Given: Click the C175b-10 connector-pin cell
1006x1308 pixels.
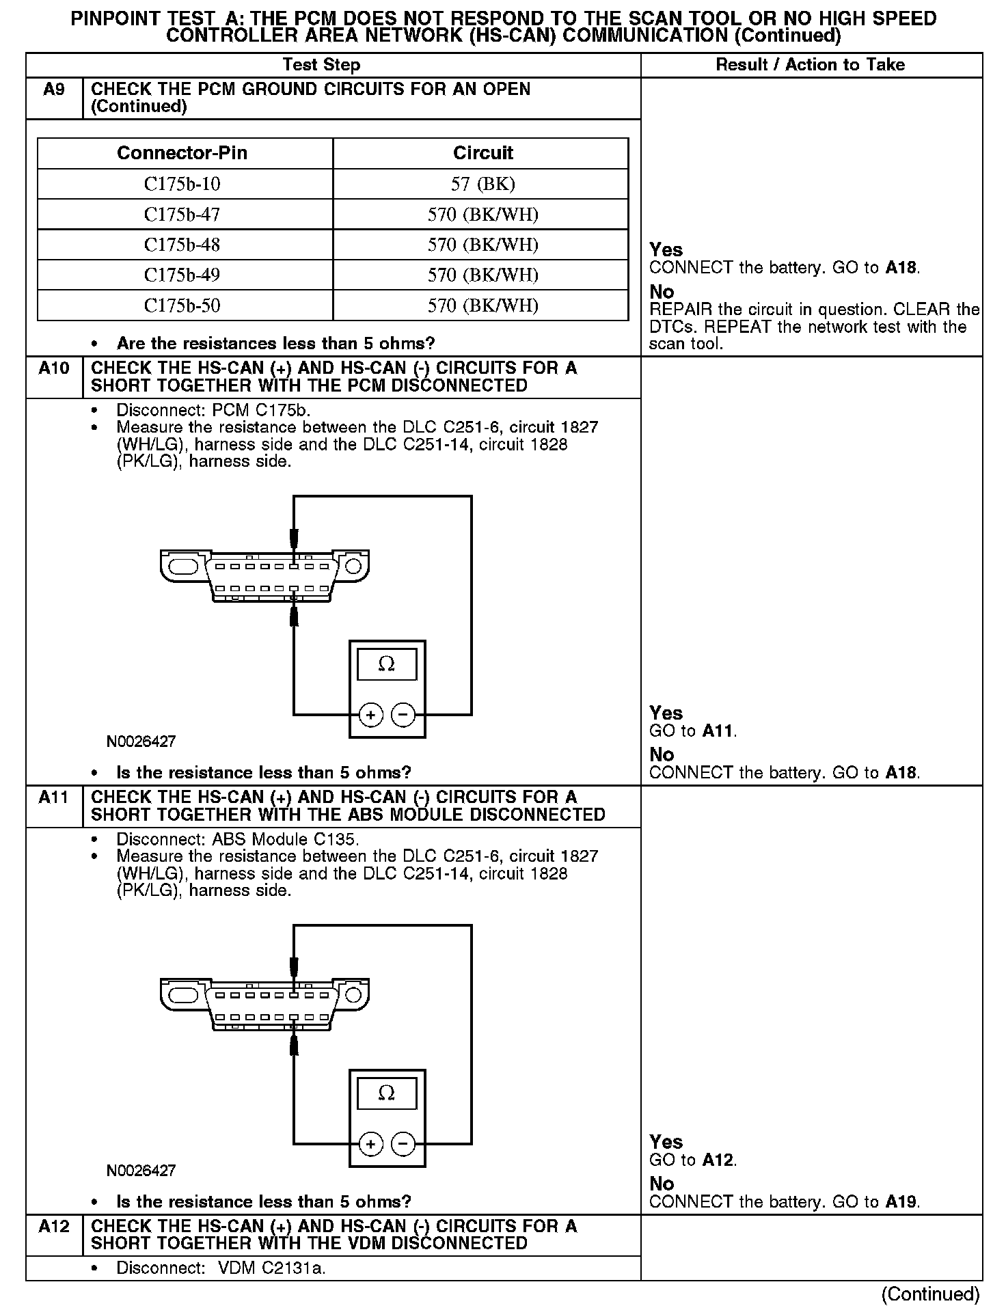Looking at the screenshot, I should [182, 184].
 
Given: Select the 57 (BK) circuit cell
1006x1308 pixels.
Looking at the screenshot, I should [482, 184].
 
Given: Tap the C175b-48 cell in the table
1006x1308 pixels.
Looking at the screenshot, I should [182, 245].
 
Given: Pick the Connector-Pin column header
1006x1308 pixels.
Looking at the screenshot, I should [182, 153].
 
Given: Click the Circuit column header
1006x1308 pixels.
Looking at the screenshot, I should [482, 153].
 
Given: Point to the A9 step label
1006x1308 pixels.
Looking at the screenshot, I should [54, 90].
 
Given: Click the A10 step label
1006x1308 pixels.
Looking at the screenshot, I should [54, 368].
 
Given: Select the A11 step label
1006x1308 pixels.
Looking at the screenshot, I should [54, 798].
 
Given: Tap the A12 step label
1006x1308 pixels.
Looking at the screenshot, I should [54, 1227].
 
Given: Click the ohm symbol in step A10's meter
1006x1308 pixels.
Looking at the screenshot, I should [387, 664].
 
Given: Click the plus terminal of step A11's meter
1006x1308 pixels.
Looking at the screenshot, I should [370, 1144].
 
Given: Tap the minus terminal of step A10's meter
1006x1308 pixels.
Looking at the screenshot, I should [403, 716].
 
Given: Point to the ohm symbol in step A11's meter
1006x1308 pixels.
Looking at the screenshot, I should [387, 1093].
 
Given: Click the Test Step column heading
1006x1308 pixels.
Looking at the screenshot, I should [321, 65].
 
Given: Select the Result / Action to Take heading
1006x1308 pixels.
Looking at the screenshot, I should [810, 65].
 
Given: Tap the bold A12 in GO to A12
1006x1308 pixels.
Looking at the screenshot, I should [718, 1160].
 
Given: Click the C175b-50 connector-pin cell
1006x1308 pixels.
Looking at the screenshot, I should [182, 305].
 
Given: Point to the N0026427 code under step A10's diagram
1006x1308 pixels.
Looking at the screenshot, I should [141, 741].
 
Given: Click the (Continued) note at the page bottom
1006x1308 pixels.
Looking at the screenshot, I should [930, 1294].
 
